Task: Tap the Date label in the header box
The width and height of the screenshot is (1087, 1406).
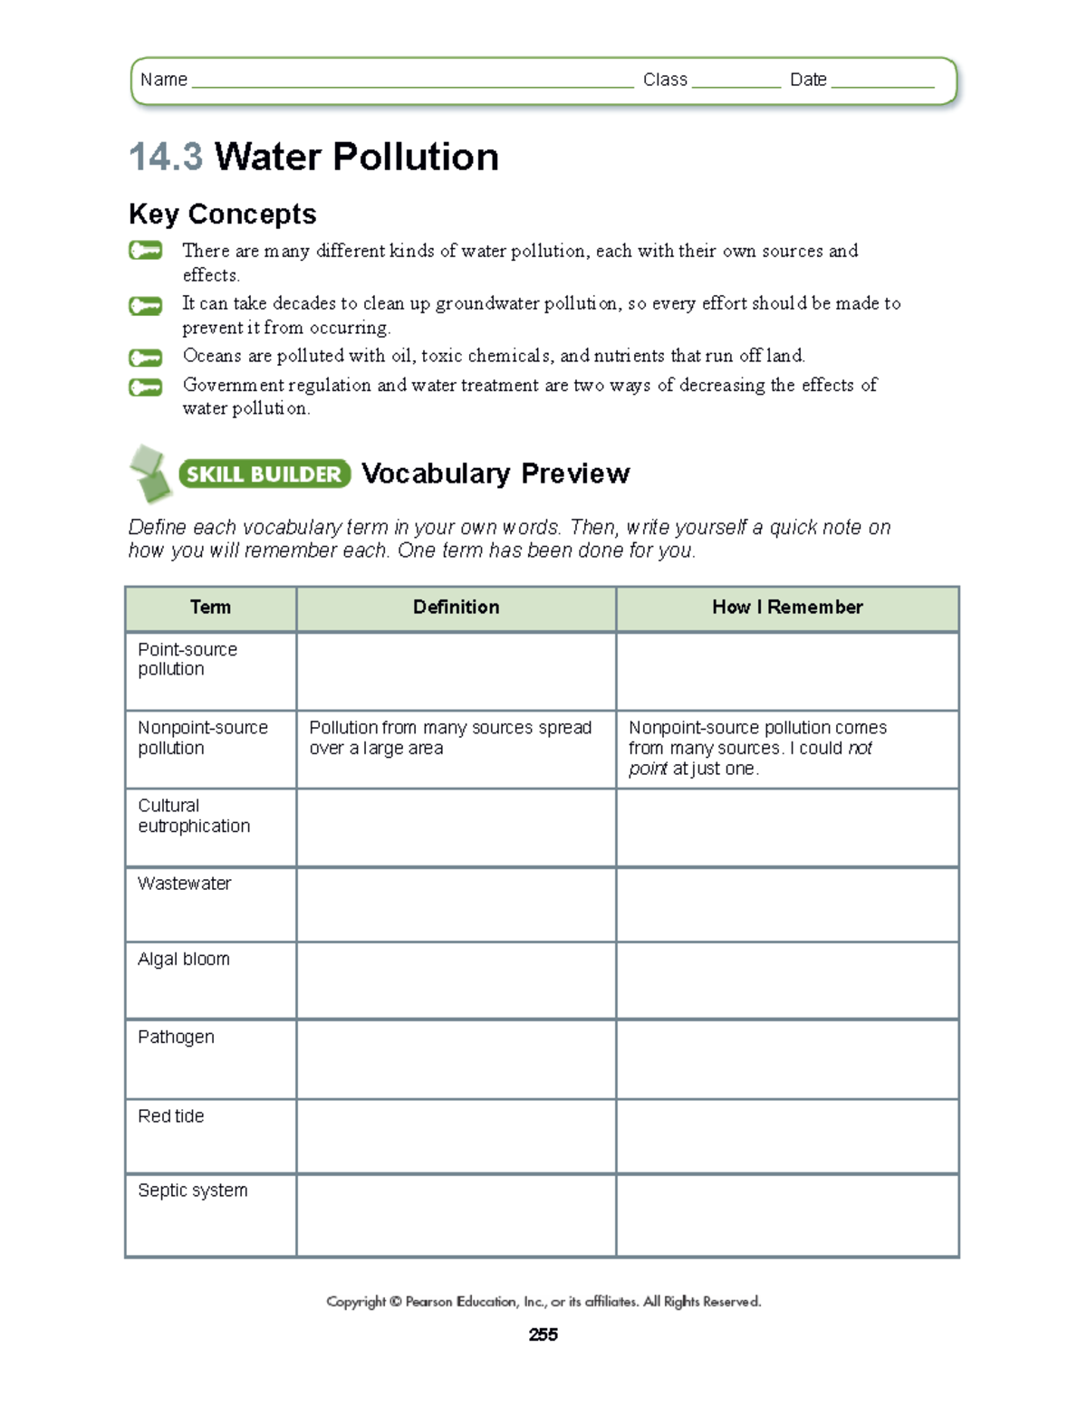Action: point(807,80)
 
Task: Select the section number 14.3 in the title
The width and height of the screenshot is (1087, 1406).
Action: point(166,157)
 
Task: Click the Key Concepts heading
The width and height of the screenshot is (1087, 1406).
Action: point(223,215)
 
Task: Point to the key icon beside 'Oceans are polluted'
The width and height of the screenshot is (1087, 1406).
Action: point(145,358)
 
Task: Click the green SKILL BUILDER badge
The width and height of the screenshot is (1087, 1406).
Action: point(265,474)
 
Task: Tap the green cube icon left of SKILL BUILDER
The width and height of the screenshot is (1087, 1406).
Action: point(149,473)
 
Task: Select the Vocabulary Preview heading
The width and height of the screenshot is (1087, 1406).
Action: point(495,473)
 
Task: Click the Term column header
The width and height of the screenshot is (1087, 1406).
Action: point(210,607)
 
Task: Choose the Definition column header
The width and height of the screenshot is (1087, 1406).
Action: point(456,607)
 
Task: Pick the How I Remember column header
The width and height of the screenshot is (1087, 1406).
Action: point(786,607)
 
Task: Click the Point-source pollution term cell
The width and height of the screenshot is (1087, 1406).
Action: point(188,660)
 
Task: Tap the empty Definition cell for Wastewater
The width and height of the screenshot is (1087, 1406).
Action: point(456,904)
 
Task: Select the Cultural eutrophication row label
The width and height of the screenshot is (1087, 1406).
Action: point(194,816)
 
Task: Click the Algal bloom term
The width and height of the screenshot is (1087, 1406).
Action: point(184,960)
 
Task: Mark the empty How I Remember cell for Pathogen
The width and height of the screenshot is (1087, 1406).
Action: point(786,1059)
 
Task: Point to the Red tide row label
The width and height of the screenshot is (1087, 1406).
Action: point(171,1116)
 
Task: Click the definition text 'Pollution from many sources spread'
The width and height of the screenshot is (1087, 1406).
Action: point(450,728)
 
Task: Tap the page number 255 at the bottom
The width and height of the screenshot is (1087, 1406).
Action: point(543,1334)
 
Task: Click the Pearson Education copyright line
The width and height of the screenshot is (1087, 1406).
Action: point(543,1302)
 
